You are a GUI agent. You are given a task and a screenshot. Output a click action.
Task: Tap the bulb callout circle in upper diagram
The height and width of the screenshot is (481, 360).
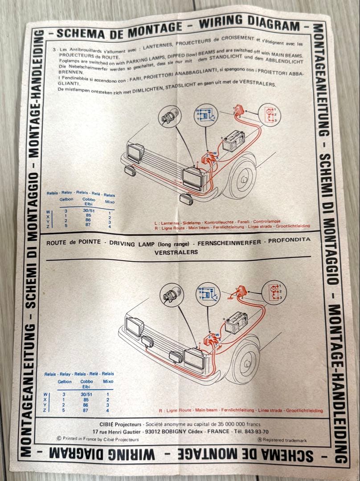tap(170, 117)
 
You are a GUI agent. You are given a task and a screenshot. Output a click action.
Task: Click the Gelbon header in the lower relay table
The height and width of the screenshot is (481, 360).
tap(65, 382)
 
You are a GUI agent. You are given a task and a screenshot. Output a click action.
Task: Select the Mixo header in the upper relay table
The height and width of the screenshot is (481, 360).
tap(110, 202)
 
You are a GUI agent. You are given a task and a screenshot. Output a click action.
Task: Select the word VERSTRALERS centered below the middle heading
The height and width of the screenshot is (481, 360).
tap(176, 252)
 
